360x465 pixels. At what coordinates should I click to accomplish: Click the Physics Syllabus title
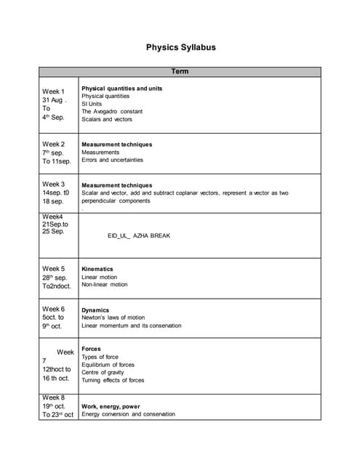click(180, 47)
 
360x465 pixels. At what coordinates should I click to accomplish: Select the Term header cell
click(180, 72)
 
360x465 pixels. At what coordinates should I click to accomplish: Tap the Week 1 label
click(53, 92)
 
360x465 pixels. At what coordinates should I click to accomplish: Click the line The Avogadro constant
click(112, 111)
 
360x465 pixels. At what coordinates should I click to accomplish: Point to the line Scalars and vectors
click(107, 119)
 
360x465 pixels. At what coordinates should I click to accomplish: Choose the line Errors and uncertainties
click(113, 160)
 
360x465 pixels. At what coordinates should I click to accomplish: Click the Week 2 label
click(53, 144)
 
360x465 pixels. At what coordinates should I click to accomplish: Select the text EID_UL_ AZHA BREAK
click(139, 235)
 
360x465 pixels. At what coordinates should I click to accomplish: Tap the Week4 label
click(52, 217)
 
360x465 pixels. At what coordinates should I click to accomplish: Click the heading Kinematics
click(97, 269)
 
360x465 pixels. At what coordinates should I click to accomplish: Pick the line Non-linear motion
click(105, 284)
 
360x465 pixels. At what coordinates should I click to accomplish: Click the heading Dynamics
click(95, 310)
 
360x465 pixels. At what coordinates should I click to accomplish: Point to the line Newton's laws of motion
click(113, 318)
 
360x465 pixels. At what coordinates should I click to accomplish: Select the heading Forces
click(92, 349)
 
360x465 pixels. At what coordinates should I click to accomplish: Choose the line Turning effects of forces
click(113, 380)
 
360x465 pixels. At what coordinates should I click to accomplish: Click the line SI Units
click(92, 104)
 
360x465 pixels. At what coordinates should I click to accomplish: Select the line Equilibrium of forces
click(108, 365)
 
